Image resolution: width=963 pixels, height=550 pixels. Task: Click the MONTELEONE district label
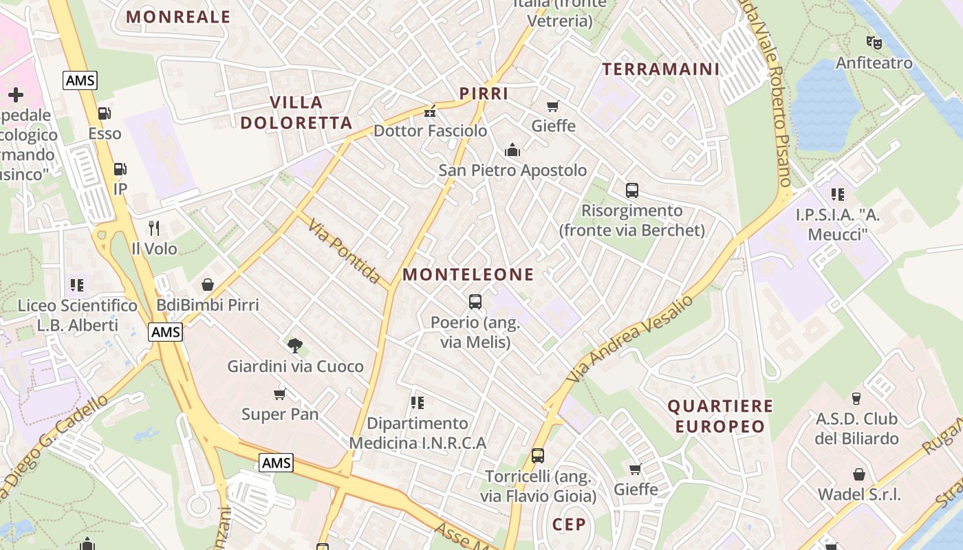click(468, 275)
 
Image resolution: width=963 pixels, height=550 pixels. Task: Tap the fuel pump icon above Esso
click(104, 113)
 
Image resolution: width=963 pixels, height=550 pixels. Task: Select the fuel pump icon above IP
click(120, 168)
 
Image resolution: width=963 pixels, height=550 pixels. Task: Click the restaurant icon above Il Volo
click(154, 228)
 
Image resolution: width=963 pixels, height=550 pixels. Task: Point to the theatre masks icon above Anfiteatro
click(874, 43)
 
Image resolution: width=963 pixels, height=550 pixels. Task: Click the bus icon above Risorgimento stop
click(631, 190)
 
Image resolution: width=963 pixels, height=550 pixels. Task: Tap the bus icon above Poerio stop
click(475, 301)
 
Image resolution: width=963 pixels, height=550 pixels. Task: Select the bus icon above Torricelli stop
click(538, 455)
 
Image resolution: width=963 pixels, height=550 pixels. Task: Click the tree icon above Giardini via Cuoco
click(295, 345)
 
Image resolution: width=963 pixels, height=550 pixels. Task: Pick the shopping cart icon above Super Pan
click(279, 394)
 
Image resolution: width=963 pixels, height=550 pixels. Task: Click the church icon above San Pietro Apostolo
click(512, 150)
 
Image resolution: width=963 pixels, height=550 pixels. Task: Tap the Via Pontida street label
click(344, 252)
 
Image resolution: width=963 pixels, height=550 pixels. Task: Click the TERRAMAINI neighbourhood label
click(660, 69)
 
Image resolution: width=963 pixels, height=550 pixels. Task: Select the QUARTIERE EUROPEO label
click(720, 416)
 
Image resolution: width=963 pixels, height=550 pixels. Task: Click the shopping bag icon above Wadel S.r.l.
click(858, 474)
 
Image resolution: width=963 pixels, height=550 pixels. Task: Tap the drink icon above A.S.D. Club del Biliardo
click(856, 398)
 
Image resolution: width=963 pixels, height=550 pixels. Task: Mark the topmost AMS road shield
click(80, 80)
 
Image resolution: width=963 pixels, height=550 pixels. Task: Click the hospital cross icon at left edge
click(15, 94)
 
